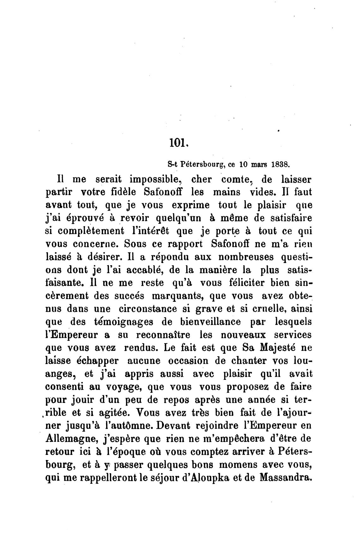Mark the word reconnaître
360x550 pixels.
tap(163, 335)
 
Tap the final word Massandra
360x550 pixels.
tap(285, 477)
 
